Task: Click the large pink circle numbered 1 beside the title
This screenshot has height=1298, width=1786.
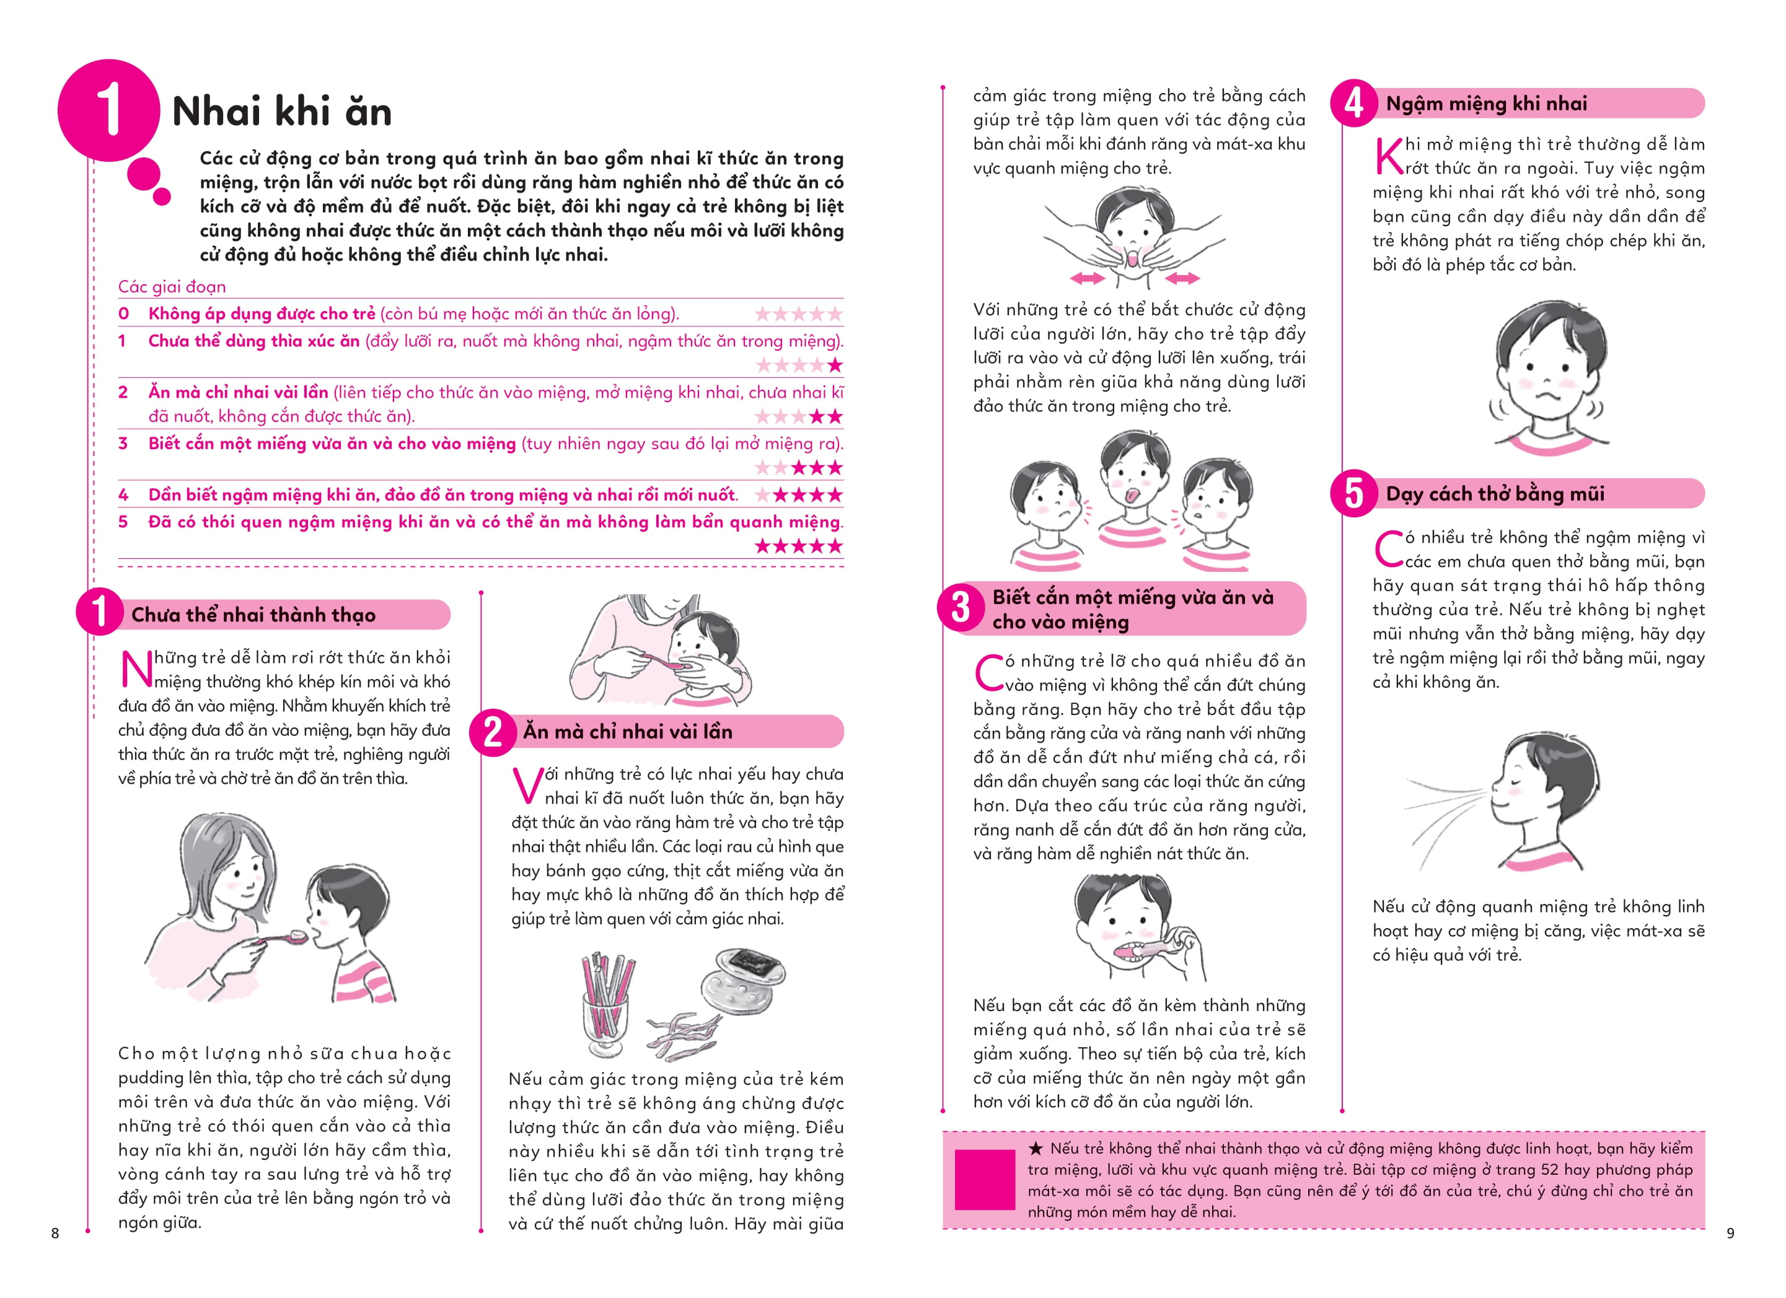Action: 108,110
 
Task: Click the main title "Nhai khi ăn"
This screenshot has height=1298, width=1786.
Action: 282,111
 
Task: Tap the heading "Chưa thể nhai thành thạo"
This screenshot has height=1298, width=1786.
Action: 253,615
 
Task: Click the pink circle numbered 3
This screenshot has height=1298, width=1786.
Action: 961,608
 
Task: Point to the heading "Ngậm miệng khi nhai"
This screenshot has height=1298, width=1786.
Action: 1486,104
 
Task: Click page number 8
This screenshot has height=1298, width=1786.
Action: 55,1233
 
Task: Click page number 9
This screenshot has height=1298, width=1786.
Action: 1730,1233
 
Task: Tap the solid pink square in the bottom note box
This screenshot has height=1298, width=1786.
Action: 984,1180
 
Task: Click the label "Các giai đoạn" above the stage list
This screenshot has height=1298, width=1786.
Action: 172,286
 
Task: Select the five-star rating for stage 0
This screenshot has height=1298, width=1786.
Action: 799,314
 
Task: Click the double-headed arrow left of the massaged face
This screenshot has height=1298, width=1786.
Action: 1088,278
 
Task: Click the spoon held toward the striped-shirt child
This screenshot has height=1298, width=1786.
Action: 283,937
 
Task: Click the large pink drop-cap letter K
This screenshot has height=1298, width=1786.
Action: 1388,156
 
